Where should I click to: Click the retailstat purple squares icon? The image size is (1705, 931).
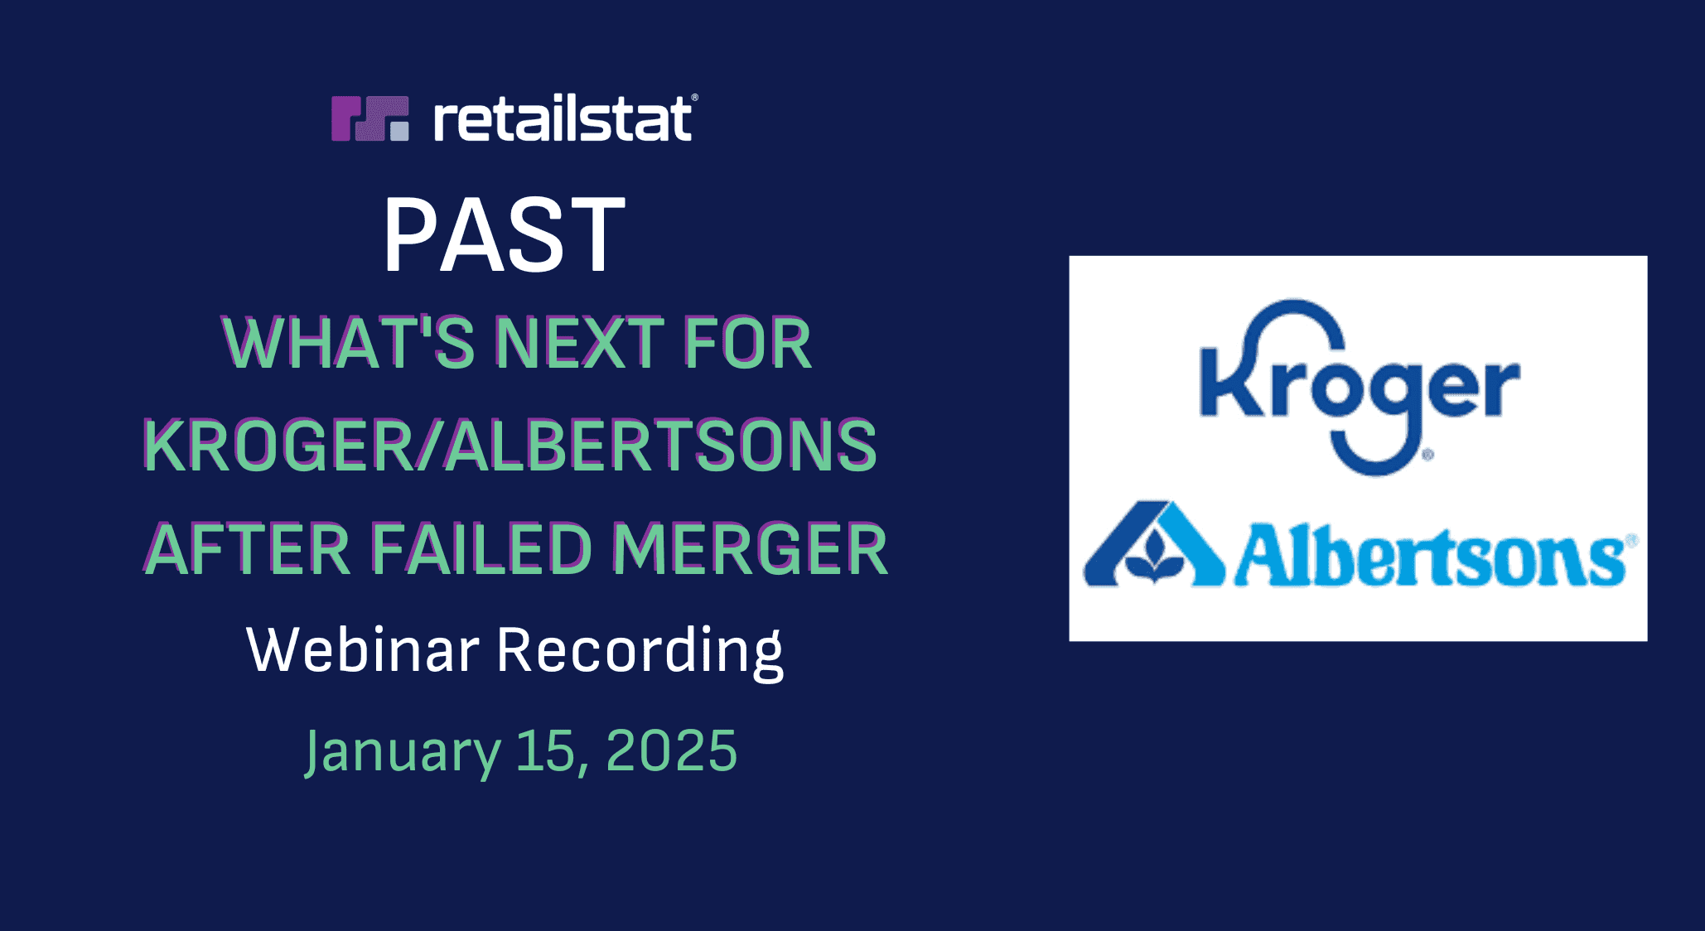tap(370, 118)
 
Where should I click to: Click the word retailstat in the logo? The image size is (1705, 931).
tap(563, 118)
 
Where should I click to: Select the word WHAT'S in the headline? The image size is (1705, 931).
tap(348, 342)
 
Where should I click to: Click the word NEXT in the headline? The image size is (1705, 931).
tap(579, 342)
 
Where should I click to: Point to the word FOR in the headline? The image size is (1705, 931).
tap(748, 342)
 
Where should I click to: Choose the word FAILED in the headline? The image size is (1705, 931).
tap(481, 549)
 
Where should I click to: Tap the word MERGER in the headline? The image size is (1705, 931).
tap(750, 549)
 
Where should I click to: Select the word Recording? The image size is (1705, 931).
tap(640, 652)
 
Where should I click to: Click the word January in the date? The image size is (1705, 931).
tap(403, 751)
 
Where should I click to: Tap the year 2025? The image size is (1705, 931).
tap(671, 750)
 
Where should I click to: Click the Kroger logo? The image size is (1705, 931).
tap(1360, 388)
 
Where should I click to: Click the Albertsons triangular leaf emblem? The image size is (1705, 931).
tap(1154, 544)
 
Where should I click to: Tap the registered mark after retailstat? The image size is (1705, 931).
tap(694, 98)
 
